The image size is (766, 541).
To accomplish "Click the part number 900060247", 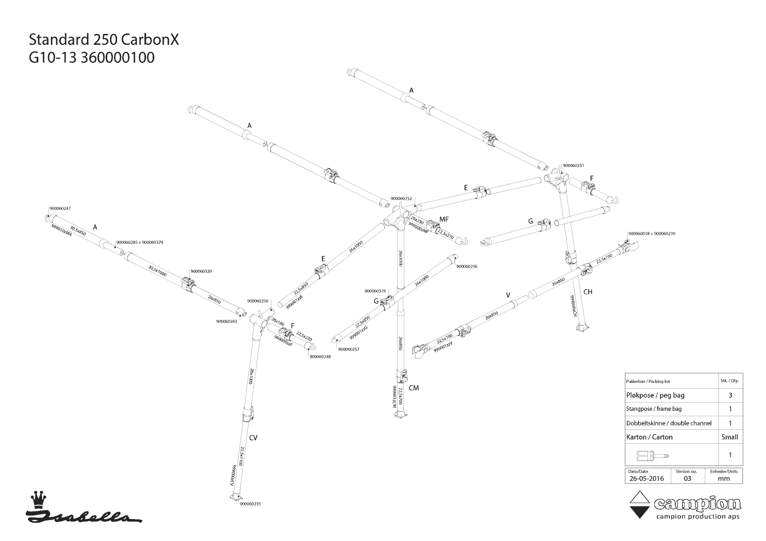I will click(60, 208).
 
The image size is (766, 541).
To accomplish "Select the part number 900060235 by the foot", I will click(250, 504).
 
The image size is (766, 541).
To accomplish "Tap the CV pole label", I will click(253, 438).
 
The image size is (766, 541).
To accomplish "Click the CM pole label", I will click(414, 388).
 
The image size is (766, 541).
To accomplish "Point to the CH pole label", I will click(588, 292).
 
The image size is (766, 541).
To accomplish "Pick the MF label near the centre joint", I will click(444, 219).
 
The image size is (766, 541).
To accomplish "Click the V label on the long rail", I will click(508, 295).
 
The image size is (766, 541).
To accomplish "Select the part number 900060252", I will click(401, 199).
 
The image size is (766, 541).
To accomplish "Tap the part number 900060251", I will click(573, 165).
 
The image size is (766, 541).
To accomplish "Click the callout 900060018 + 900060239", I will click(652, 234).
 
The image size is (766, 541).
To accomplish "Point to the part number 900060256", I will click(467, 266).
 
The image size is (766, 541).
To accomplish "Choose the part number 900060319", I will click(375, 291).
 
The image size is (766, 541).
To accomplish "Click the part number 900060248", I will click(320, 357).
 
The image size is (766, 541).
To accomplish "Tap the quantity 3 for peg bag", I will click(730, 395).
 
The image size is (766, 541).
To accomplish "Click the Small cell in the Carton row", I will click(730, 437).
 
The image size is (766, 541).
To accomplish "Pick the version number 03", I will click(687, 478).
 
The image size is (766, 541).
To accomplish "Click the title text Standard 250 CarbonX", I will click(104, 40).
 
